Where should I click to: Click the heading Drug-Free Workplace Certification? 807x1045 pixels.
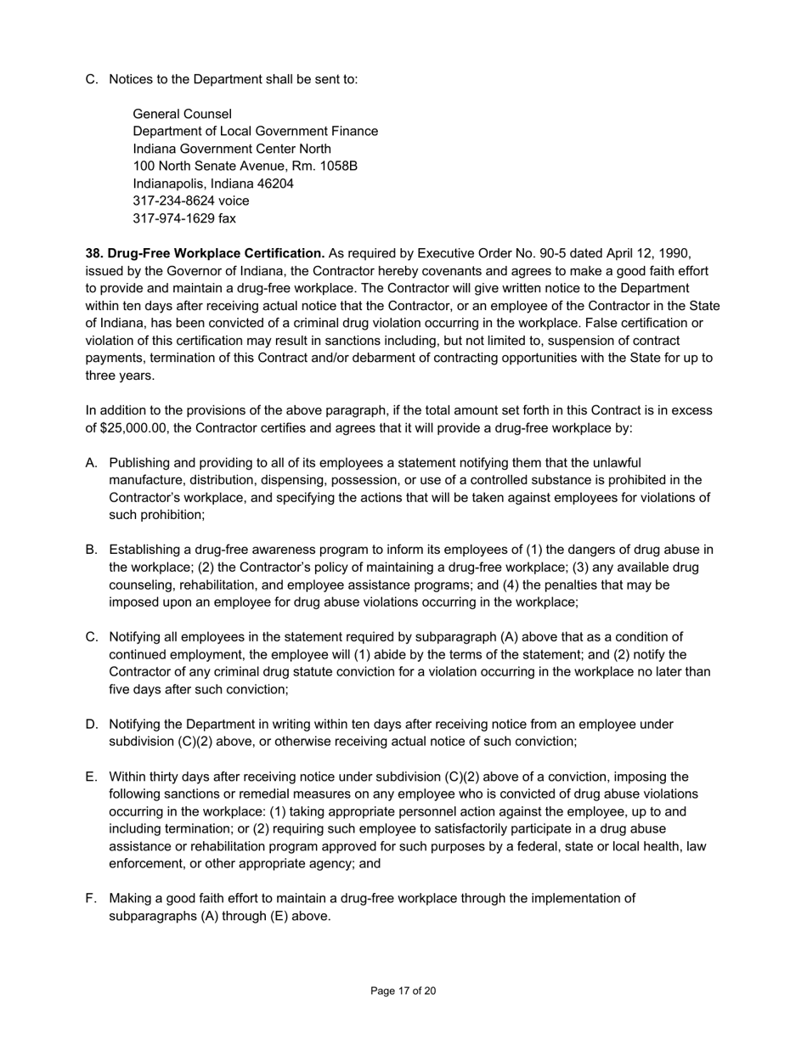click(x=205, y=253)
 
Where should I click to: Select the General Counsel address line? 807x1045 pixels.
click(x=182, y=114)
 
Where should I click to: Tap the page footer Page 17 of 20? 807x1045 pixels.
click(x=403, y=991)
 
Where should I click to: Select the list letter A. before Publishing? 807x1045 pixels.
click(x=92, y=463)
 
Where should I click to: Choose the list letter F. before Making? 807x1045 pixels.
click(x=92, y=898)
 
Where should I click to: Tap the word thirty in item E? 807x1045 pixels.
click(x=165, y=777)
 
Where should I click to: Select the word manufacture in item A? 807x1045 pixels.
click(x=145, y=480)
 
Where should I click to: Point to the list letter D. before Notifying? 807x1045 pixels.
click(x=92, y=725)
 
